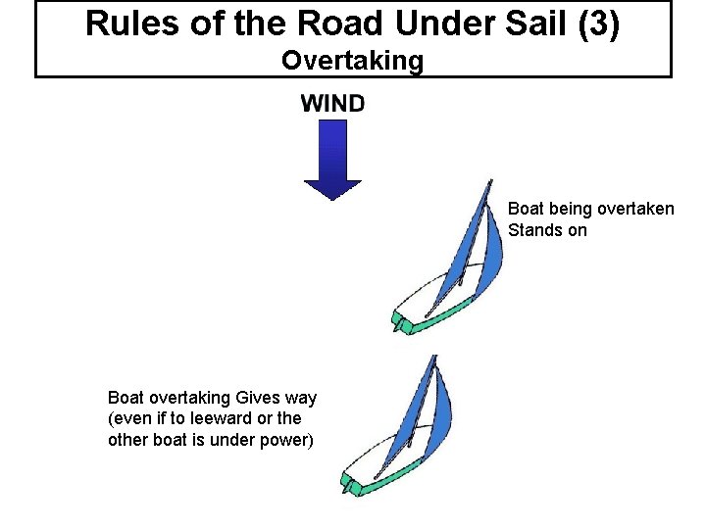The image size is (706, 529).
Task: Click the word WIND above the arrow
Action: [x=332, y=103]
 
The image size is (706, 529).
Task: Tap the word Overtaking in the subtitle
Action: [x=353, y=61]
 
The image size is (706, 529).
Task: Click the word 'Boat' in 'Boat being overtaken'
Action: [x=526, y=209]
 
